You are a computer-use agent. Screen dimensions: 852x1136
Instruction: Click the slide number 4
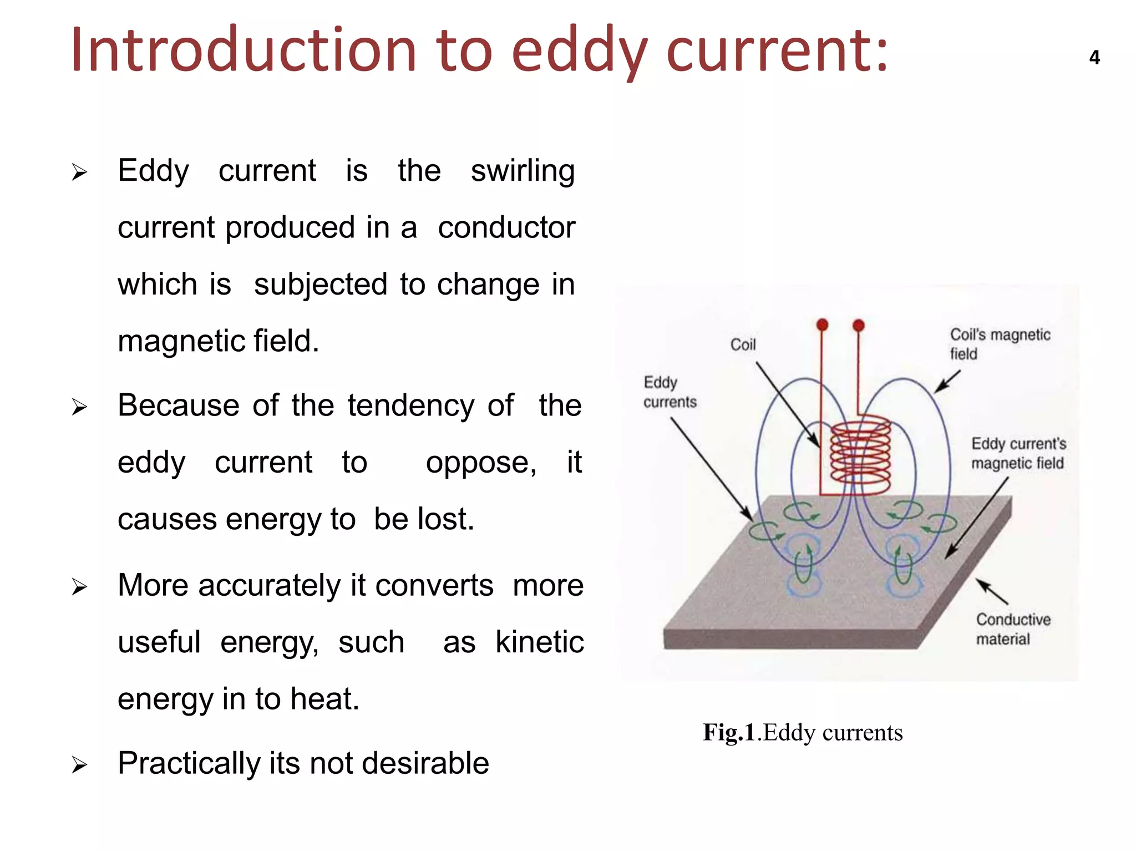(x=1094, y=58)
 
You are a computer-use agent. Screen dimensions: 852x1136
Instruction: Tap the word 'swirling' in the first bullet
(x=523, y=171)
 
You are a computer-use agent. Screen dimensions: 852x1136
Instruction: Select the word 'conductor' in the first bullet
(x=506, y=228)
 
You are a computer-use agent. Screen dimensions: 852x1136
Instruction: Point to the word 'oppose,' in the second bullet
(x=481, y=463)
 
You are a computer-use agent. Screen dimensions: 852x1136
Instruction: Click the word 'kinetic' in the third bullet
(x=539, y=642)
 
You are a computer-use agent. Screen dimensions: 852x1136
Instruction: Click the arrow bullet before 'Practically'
(x=79, y=765)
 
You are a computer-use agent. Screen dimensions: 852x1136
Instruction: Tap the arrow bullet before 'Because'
(x=79, y=408)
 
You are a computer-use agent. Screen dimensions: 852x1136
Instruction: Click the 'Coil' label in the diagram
(x=743, y=345)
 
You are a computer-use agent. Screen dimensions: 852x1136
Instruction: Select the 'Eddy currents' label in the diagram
(x=669, y=392)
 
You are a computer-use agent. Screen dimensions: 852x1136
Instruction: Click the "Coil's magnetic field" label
(x=999, y=344)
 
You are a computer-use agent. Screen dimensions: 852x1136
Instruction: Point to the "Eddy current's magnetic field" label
(x=1018, y=453)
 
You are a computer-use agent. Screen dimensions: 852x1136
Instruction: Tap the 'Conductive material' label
(x=1012, y=629)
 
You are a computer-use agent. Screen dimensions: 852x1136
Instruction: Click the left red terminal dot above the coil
(x=822, y=324)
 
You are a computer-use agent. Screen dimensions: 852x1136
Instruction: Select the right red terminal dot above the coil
(x=858, y=325)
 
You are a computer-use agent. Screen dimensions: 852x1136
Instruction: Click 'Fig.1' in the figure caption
(x=728, y=733)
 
